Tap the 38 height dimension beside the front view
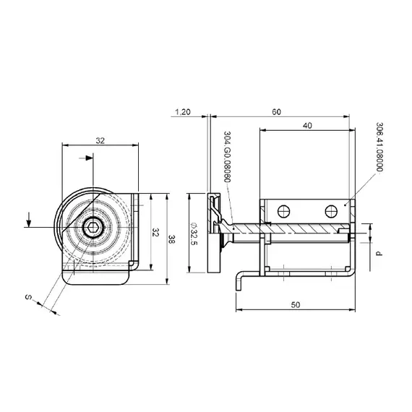(x=172, y=239)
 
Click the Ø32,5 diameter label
(x=194, y=233)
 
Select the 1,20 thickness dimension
(x=184, y=112)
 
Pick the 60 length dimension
(x=277, y=112)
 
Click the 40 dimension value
(x=309, y=126)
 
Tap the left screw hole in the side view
(x=284, y=211)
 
